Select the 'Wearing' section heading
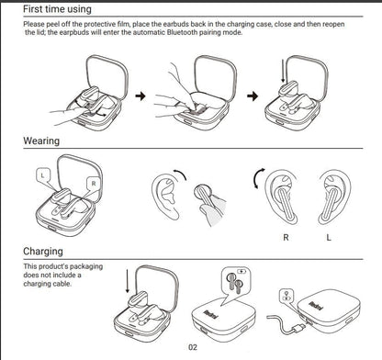tap(42, 141)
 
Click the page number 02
tap(192, 347)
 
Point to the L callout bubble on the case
tap(42, 173)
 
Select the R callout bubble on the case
tap(93, 183)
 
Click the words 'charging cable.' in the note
tap(52, 284)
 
